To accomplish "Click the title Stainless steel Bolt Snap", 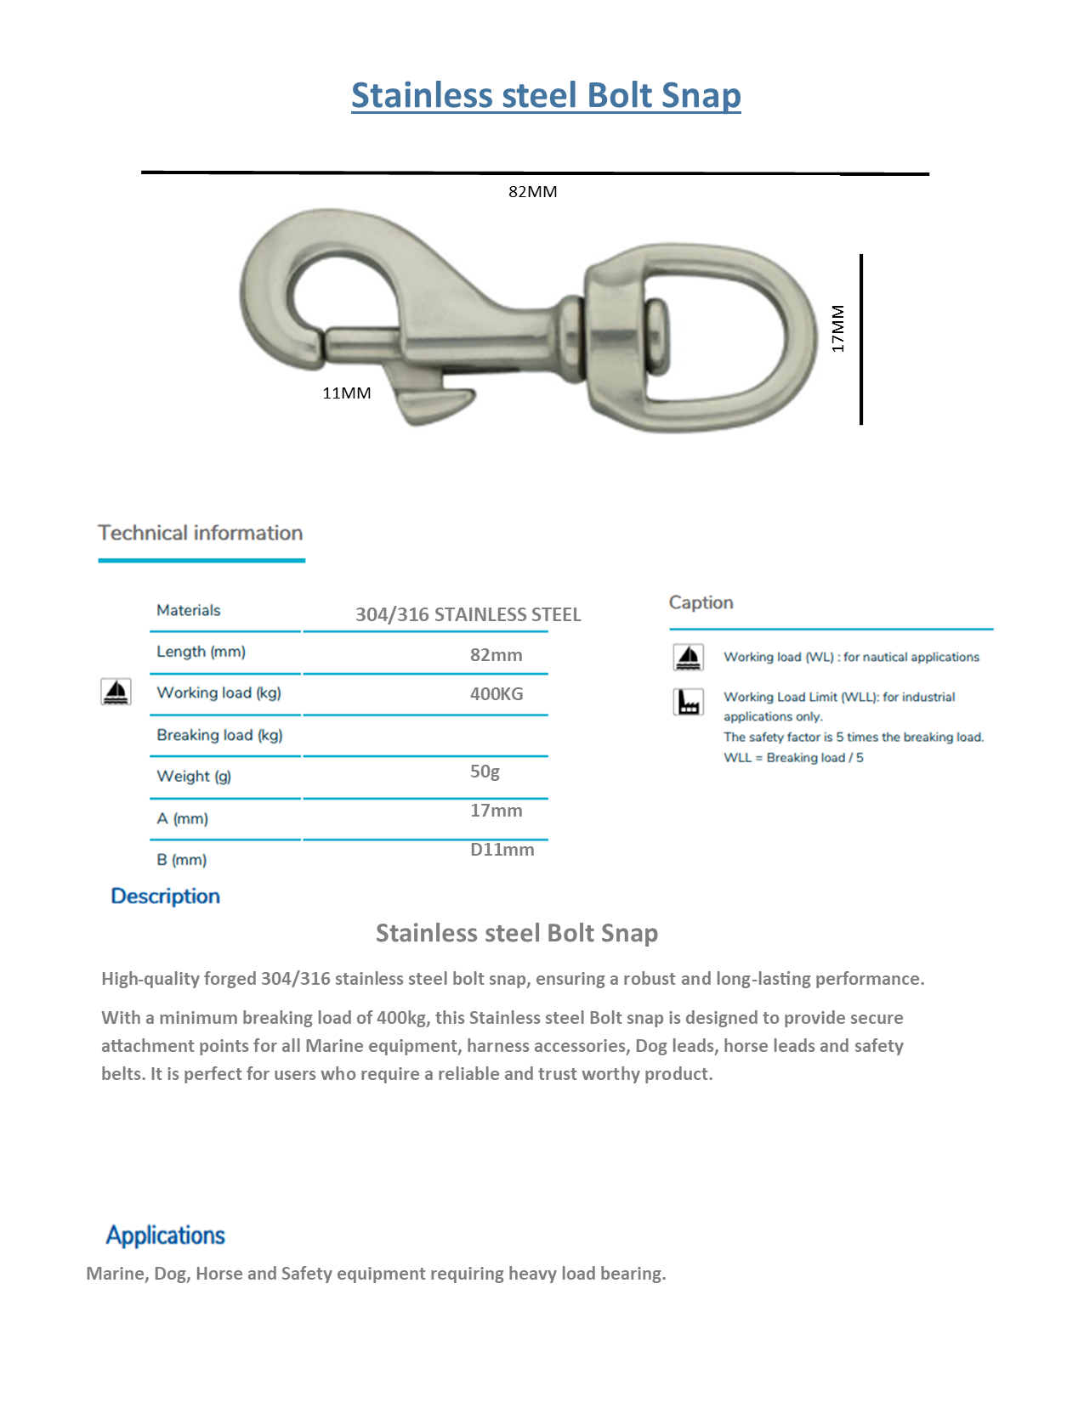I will [546, 95].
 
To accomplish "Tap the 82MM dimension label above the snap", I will [533, 192].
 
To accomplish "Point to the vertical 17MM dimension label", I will [838, 329].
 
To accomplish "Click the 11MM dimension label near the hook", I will [347, 393].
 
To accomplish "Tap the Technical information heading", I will [201, 533].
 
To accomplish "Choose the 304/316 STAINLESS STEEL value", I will [468, 614].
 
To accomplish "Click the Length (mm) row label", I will [201, 652].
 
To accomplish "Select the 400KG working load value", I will [497, 694].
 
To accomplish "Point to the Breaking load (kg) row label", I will [219, 735].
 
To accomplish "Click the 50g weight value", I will [485, 772].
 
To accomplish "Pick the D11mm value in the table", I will [502, 850].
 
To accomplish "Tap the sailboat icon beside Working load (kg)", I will [116, 693].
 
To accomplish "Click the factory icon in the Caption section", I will [689, 702].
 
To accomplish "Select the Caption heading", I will [701, 602].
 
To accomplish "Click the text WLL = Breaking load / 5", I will [793, 758].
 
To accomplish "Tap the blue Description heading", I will [166, 896].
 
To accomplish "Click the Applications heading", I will [166, 1235].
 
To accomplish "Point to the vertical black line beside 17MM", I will [861, 339].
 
